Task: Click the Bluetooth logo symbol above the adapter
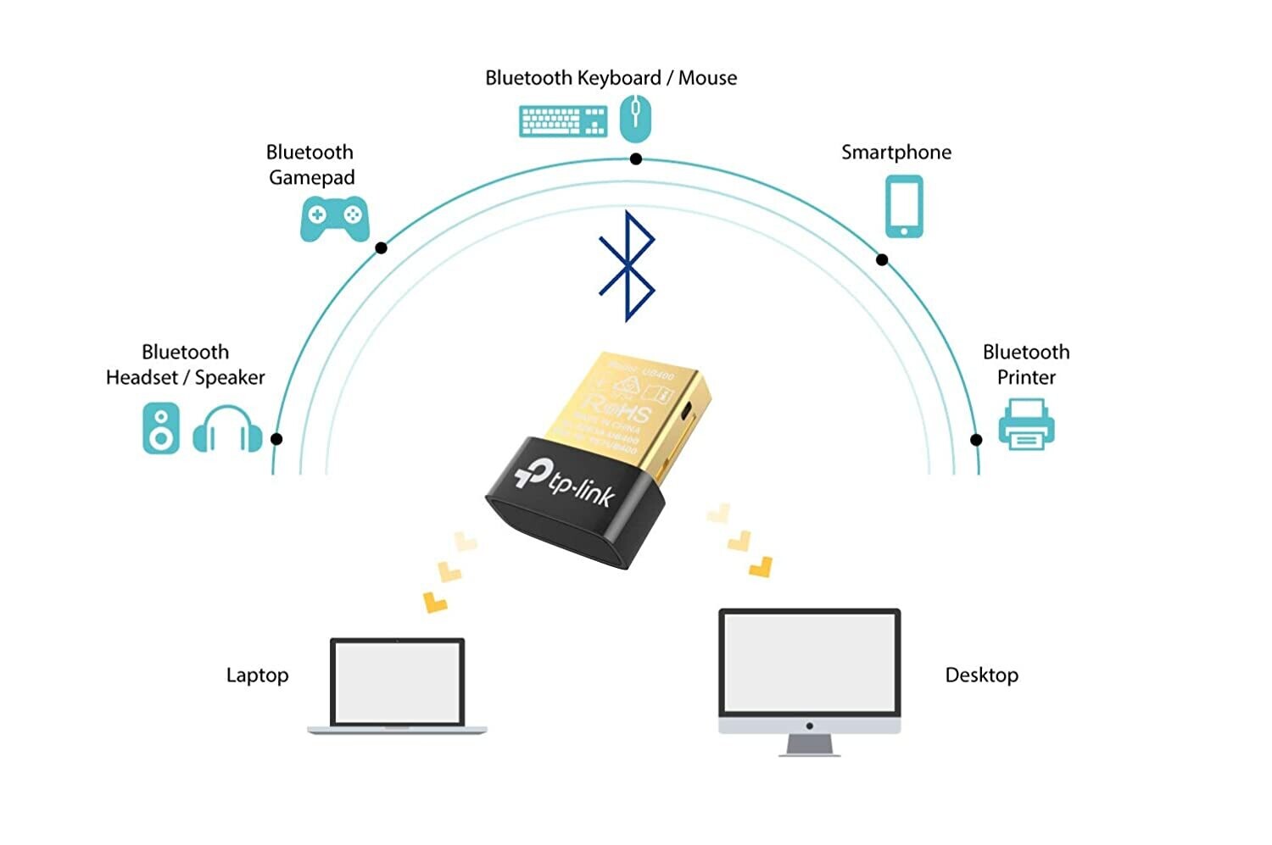[627, 266]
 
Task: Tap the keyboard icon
[563, 121]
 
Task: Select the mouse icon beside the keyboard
[635, 118]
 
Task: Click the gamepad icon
[334, 219]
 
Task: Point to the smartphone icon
[904, 207]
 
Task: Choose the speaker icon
[161, 428]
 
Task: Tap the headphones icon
[227, 430]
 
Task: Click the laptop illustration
[398, 686]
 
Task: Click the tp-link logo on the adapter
[565, 484]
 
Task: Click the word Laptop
[257, 675]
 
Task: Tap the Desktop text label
[981, 675]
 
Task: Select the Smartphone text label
[895, 153]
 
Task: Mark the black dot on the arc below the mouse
[636, 159]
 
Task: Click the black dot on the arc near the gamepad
[382, 248]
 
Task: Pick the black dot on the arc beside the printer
[976, 440]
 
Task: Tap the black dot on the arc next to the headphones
[276, 439]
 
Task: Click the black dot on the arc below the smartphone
[882, 260]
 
